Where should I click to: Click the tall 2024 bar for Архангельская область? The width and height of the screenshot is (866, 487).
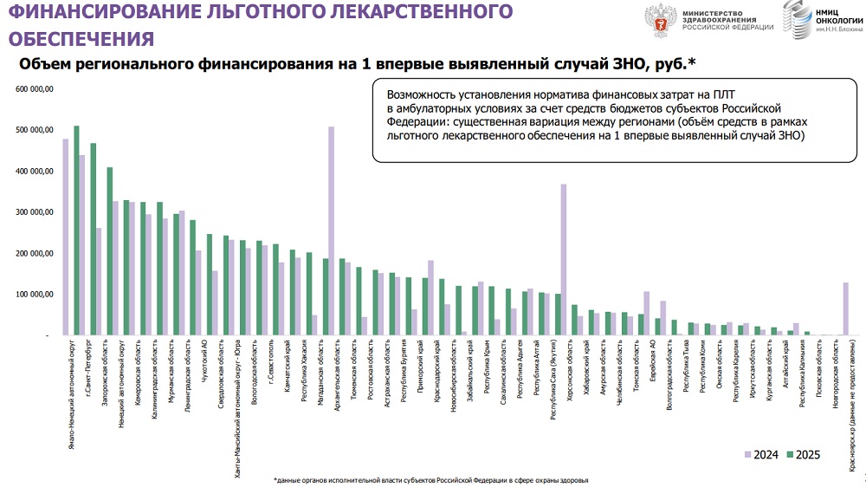[x=332, y=231]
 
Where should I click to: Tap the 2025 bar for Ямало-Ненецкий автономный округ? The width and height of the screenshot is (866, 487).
[x=76, y=231]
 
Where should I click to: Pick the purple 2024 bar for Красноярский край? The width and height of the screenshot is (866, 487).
[x=844, y=308]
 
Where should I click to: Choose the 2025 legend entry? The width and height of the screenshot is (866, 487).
[x=803, y=454]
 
